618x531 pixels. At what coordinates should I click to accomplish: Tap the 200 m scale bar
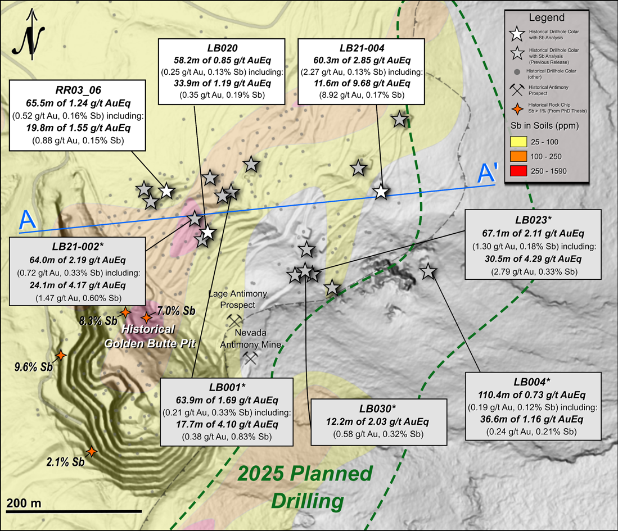(x=74, y=511)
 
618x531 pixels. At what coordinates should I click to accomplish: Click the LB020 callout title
(x=215, y=48)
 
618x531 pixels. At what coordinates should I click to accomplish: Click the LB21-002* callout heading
(x=78, y=247)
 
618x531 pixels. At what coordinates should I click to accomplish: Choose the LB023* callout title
(x=533, y=220)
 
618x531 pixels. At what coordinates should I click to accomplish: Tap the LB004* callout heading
(x=533, y=382)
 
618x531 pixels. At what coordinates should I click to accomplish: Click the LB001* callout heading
(x=227, y=387)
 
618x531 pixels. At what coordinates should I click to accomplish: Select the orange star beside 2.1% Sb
(x=91, y=452)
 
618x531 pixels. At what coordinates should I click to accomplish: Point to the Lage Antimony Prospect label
(x=232, y=299)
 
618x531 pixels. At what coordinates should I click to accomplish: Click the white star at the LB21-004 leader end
(x=381, y=192)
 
